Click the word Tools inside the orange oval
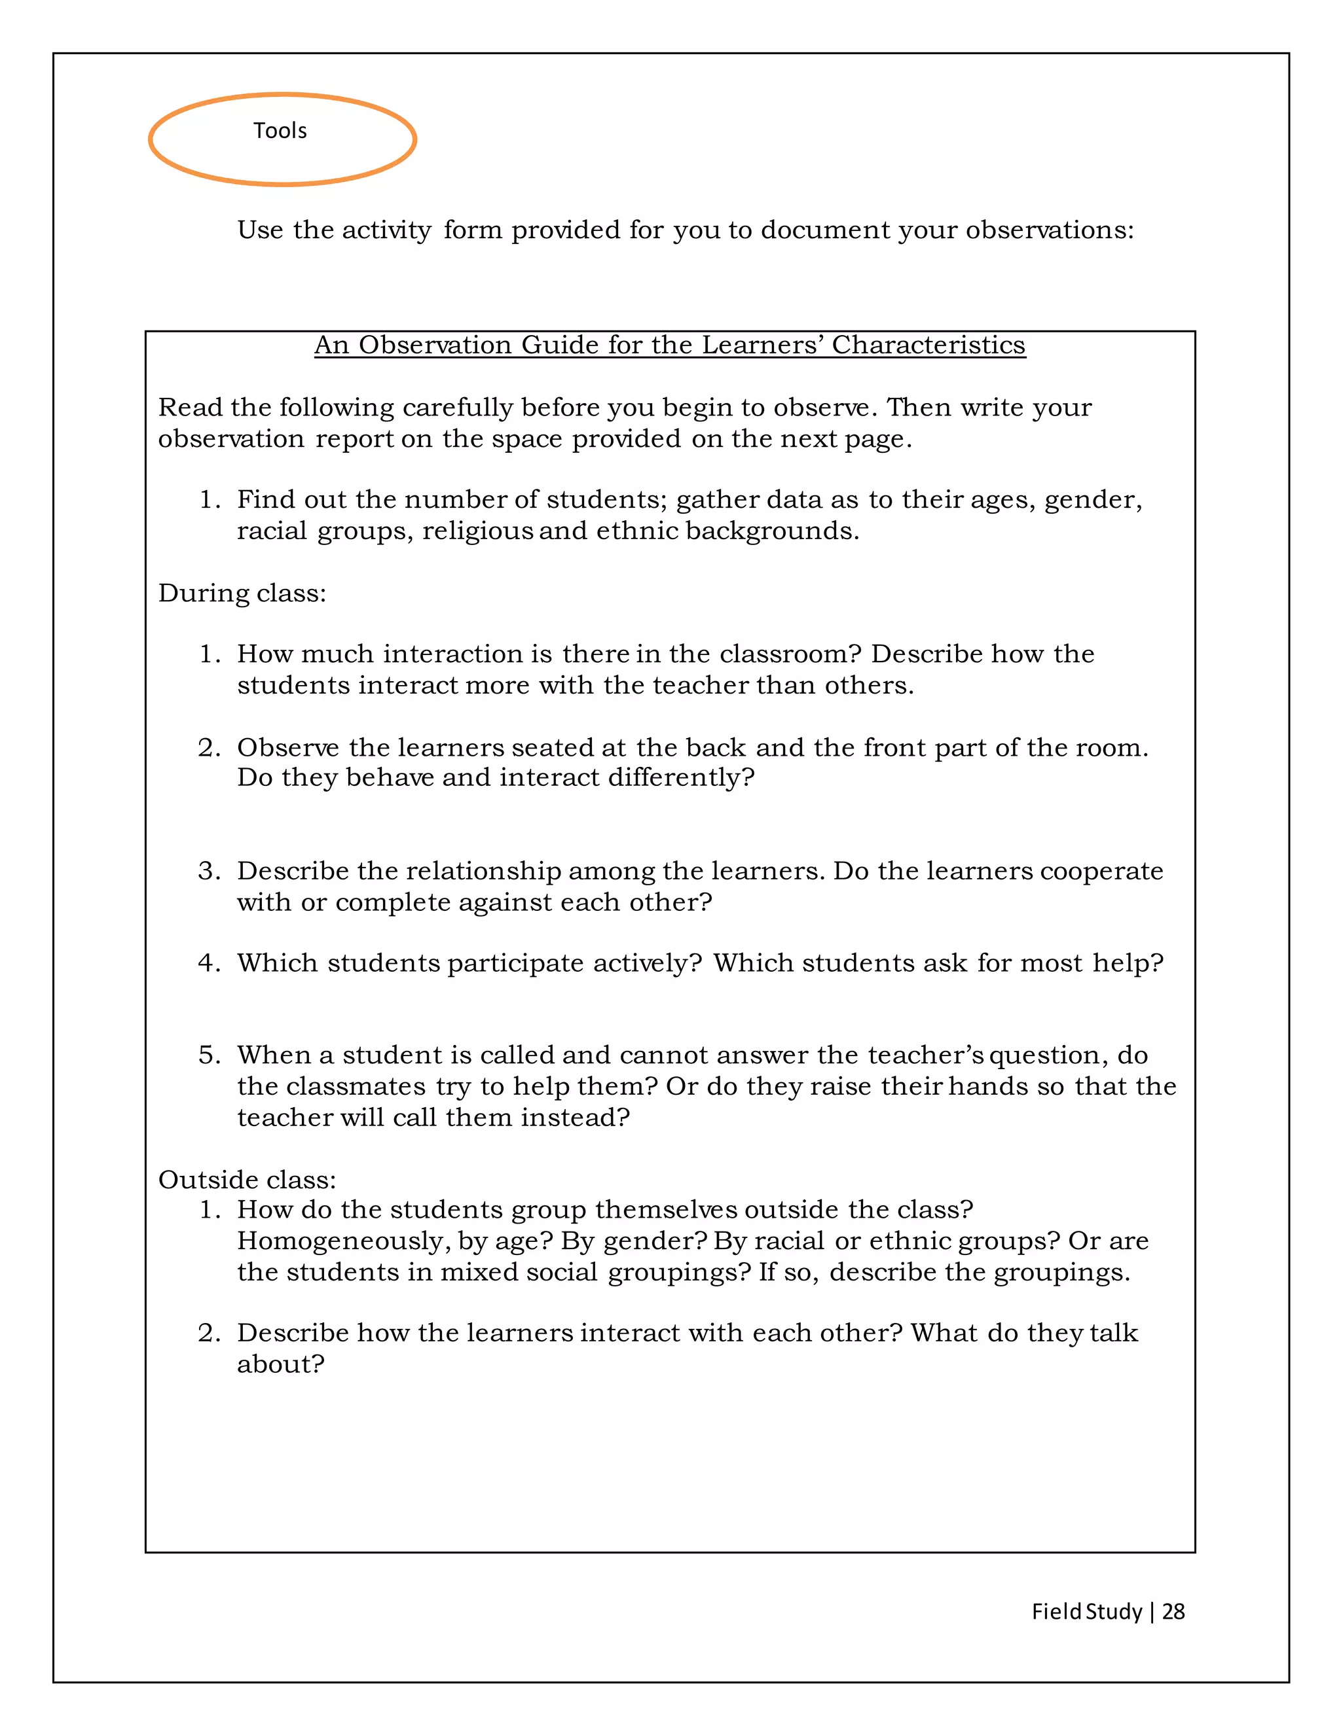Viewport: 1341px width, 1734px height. click(280, 130)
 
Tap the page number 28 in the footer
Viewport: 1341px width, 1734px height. click(1173, 1611)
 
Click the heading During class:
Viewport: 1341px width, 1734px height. click(242, 593)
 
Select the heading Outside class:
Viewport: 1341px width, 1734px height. click(247, 1179)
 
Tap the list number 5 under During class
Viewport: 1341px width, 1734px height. click(208, 1055)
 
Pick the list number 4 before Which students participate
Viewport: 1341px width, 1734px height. click(208, 963)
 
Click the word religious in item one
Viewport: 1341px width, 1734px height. click(477, 531)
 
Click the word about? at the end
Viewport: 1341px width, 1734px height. click(280, 1364)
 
